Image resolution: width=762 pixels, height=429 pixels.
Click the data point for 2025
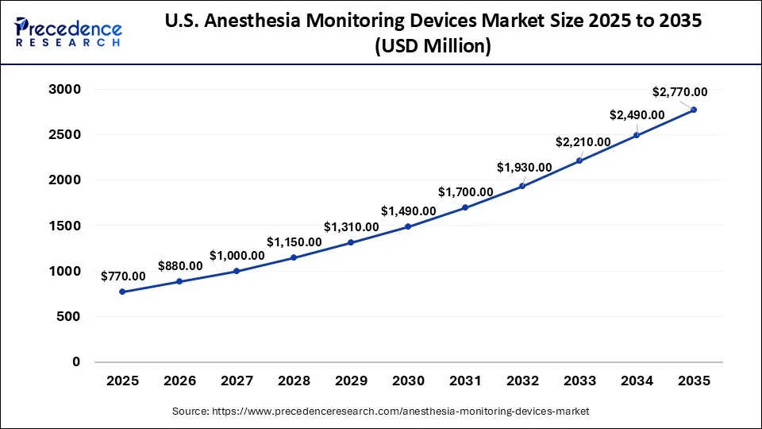pos(122,292)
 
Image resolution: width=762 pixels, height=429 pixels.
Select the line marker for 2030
pos(408,226)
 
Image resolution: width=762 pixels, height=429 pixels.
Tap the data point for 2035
pos(694,110)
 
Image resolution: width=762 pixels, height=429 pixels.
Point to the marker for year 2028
pos(294,257)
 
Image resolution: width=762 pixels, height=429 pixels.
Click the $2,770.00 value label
pos(679,92)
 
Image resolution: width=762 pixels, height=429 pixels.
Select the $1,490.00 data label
pos(408,211)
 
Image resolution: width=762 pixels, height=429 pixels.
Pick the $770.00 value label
pos(123,276)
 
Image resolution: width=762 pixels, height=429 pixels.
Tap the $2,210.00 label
pos(583,142)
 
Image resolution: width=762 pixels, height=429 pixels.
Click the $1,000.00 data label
pos(237,255)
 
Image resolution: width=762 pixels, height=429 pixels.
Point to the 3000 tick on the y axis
pos(65,90)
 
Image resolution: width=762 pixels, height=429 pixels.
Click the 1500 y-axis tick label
pos(65,226)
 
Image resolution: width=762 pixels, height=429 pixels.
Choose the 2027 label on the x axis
pos(237,381)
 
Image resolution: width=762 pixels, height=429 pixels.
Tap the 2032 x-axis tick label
pos(522,381)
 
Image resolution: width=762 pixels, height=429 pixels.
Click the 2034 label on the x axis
pos(637,381)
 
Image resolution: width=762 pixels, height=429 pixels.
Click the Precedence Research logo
pos(68,32)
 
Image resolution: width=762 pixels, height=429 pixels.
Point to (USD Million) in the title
pos(434,47)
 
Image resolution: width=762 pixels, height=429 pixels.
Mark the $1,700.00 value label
pos(465,191)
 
